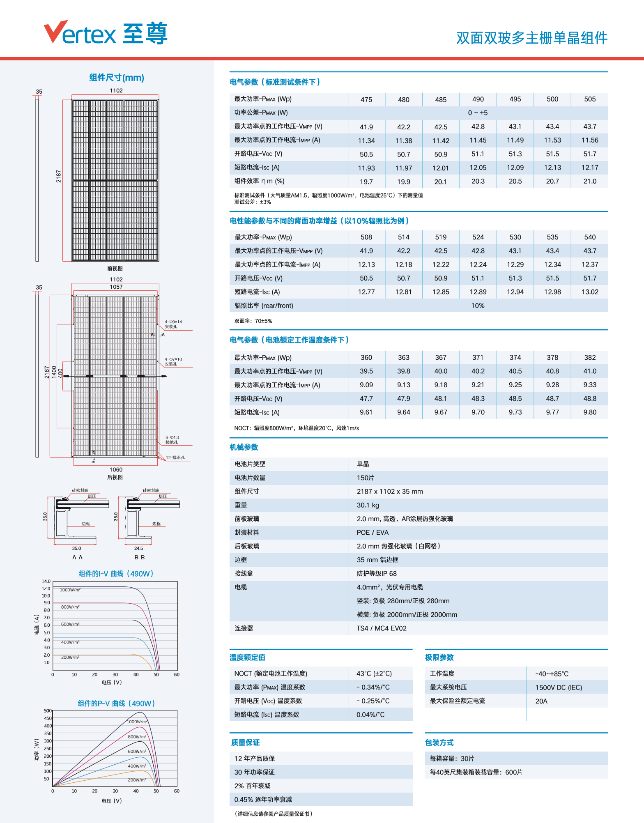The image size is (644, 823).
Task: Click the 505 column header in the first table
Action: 590,99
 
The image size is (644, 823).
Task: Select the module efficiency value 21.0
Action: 590,181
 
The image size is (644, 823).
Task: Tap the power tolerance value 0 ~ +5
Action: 478,113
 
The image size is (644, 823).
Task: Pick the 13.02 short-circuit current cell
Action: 590,292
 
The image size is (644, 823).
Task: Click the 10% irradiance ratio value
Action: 478,306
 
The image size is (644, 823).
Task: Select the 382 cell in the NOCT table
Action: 590,357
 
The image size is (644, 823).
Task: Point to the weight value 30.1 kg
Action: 368,505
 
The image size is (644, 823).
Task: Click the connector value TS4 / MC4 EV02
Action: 382,628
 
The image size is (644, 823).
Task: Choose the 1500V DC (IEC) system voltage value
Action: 559,687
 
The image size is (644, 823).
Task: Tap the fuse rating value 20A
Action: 541,701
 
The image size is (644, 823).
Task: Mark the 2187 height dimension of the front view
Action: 59,177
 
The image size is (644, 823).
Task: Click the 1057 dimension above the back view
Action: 116,287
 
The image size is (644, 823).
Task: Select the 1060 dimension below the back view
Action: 116,469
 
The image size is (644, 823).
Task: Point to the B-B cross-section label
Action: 140,557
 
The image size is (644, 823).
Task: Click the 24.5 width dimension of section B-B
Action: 138,548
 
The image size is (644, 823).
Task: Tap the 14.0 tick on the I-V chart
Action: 46,582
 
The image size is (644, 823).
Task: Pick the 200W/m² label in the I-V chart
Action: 70,657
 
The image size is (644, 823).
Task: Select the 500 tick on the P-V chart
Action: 48,710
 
